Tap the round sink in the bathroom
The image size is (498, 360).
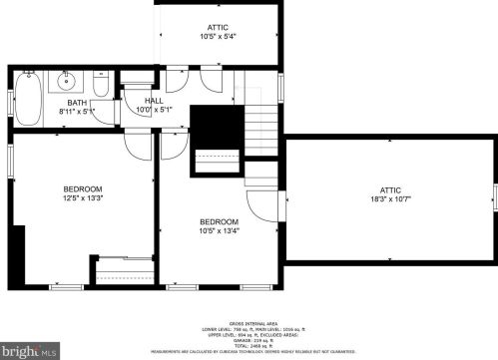click(67, 81)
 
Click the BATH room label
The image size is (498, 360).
click(77, 103)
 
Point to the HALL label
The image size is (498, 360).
click(154, 101)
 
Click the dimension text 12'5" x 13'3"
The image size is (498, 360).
click(83, 197)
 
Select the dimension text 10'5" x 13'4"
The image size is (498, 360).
click(219, 230)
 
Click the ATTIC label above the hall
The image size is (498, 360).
click(218, 28)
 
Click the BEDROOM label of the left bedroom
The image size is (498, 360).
click(83, 188)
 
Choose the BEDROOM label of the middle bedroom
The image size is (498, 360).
click(219, 221)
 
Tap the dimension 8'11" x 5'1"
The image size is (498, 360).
click(77, 112)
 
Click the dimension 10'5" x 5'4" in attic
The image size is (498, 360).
click(218, 37)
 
